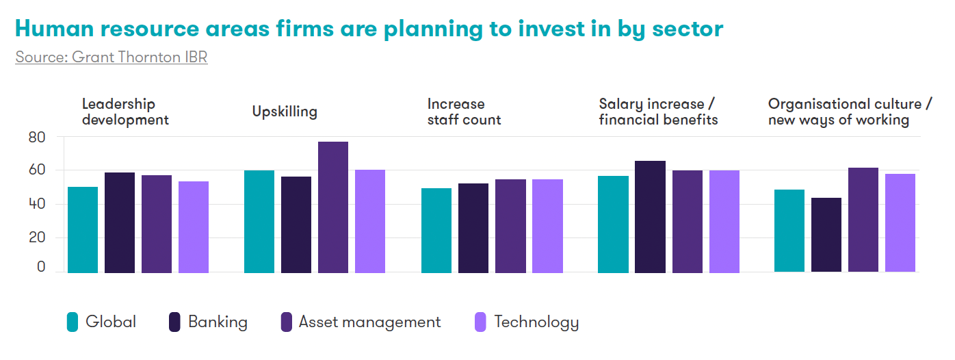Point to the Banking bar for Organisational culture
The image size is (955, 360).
pyautogui.click(x=826, y=234)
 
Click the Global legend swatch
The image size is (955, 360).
pyautogui.click(x=73, y=322)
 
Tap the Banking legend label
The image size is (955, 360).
pyautogui.click(x=218, y=322)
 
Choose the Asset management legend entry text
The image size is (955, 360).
pyautogui.click(x=369, y=322)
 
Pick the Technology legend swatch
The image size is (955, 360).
pyautogui.click(x=481, y=322)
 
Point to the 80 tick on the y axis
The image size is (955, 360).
pyautogui.click(x=37, y=138)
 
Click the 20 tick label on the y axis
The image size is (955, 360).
pyautogui.click(x=37, y=238)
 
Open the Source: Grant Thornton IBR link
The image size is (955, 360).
pyautogui.click(x=112, y=57)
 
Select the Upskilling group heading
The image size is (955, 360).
pyautogui.click(x=285, y=112)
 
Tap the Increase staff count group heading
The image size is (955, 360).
pyautogui.click(x=464, y=112)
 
